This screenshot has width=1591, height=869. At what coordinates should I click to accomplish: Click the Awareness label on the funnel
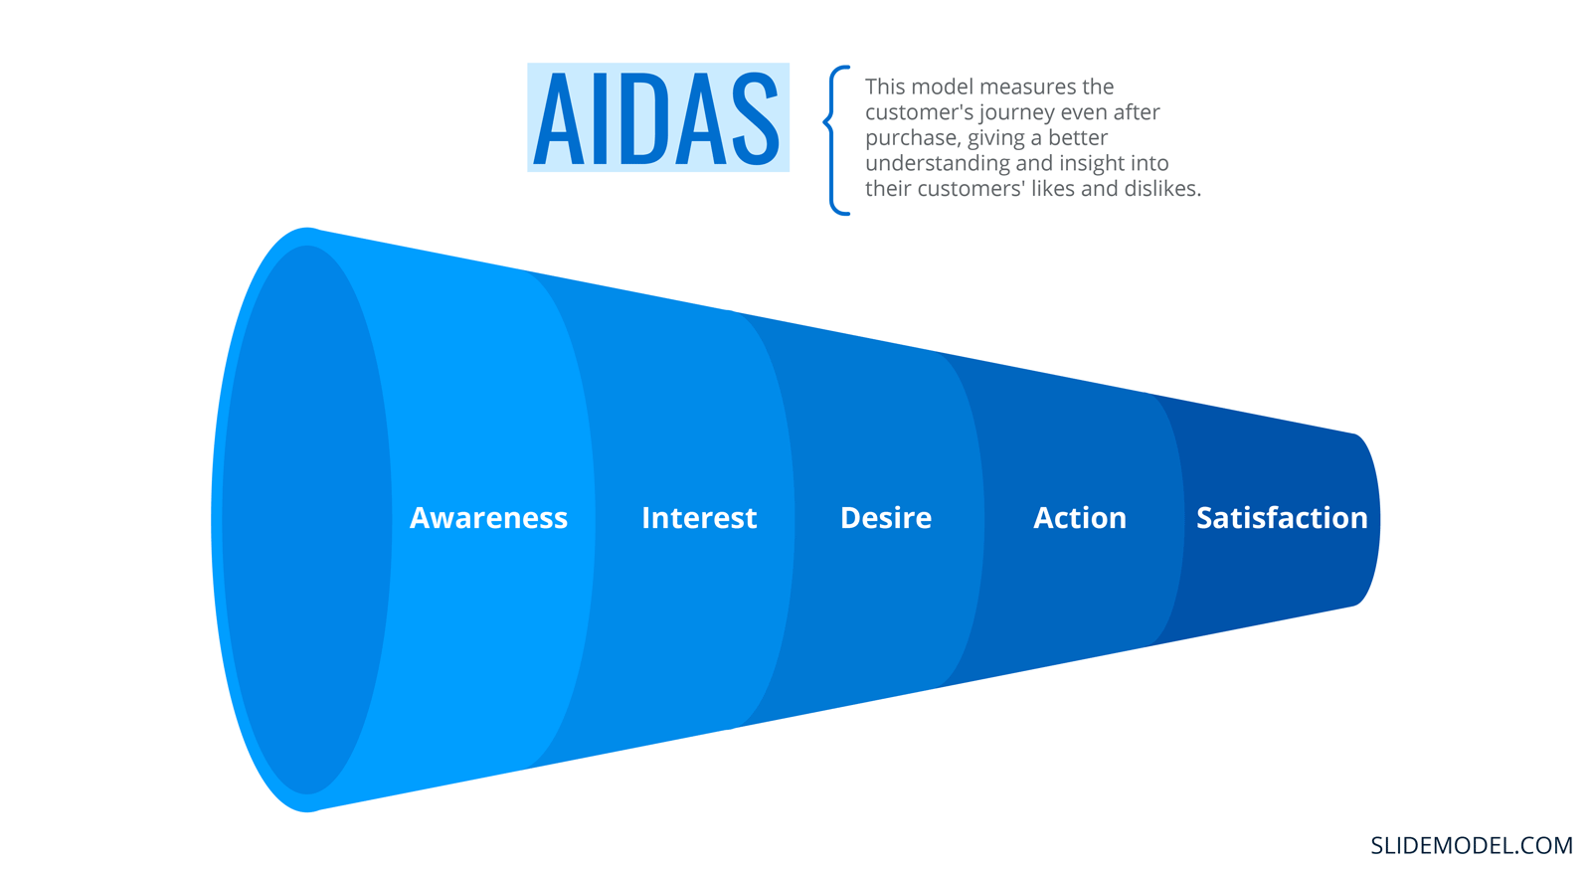pos(488,518)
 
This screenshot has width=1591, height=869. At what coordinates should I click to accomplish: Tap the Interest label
pos(699,518)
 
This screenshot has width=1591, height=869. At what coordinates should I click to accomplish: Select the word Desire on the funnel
pos(886,518)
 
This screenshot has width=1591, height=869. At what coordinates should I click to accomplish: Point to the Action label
pos(1080,518)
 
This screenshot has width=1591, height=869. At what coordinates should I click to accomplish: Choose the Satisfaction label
pos(1282,518)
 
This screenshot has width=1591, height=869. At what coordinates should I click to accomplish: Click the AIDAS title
pos(657,118)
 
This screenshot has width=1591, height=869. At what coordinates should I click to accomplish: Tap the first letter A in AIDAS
pos(560,118)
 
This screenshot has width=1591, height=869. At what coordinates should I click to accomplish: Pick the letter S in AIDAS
pos(756,118)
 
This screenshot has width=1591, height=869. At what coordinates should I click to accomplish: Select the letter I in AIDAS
pos(601,118)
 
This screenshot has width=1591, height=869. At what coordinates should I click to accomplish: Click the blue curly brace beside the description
pos(836,140)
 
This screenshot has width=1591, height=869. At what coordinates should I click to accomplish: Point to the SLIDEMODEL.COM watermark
pos(1472,845)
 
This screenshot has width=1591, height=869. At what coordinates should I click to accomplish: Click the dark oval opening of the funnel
pos(307,520)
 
